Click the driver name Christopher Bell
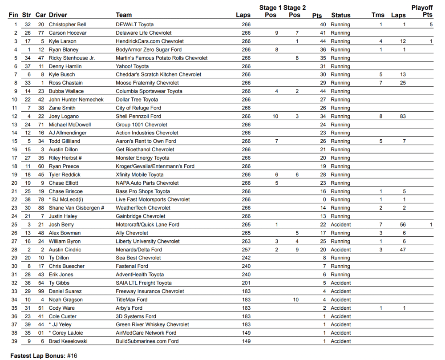[67, 24]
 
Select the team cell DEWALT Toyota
[134, 24]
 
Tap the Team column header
[123, 15]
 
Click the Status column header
[340, 15]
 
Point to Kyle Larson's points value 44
[323, 41]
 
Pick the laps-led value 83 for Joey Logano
[403, 116]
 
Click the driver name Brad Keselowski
[68, 341]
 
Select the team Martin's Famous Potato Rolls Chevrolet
[162, 58]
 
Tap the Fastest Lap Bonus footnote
[44, 356]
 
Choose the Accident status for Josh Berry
[340, 225]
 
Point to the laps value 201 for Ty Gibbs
[246, 283]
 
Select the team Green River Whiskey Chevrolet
[152, 325]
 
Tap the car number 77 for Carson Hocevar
[41, 33]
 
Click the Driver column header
[58, 15]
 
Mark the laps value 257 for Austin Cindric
[246, 250]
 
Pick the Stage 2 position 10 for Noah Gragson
[296, 300]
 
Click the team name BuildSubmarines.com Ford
[147, 341]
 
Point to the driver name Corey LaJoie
[67, 333]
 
